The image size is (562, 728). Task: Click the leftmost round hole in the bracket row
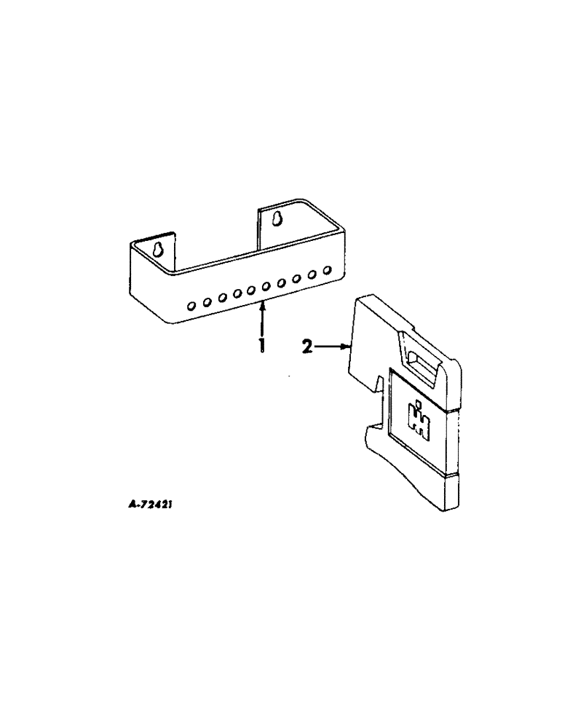(191, 306)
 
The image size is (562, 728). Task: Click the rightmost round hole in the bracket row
(328, 272)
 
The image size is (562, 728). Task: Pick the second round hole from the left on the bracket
(206, 302)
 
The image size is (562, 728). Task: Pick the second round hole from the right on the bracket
(313, 274)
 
